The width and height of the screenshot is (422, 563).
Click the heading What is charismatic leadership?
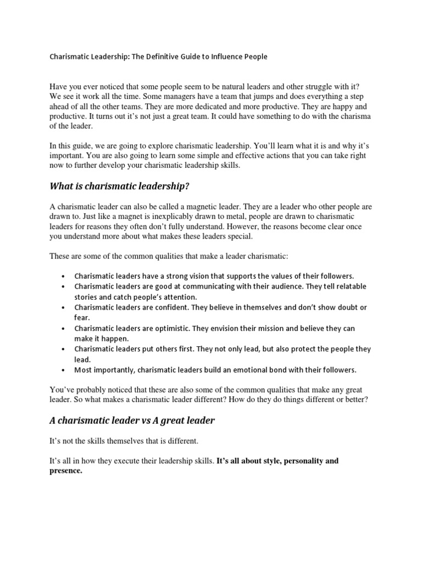point(119,186)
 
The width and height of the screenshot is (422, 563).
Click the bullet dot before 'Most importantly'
point(64,369)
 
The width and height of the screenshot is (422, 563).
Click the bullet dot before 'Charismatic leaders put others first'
point(64,349)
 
